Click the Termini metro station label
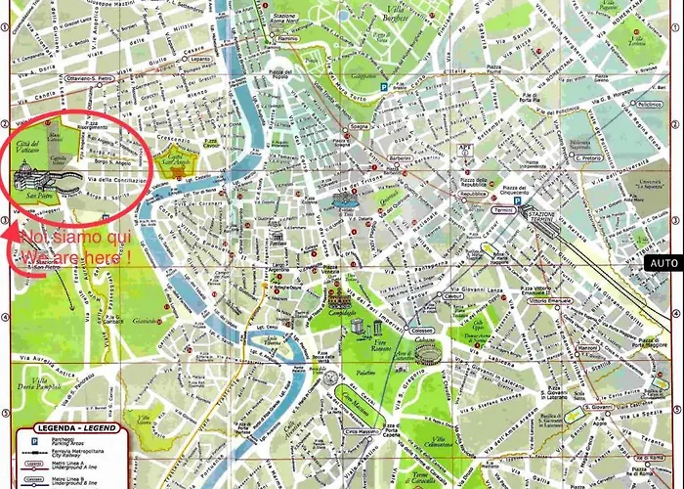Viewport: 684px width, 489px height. pyautogui.click(x=505, y=210)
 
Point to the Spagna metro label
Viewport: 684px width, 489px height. pyautogui.click(x=360, y=127)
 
